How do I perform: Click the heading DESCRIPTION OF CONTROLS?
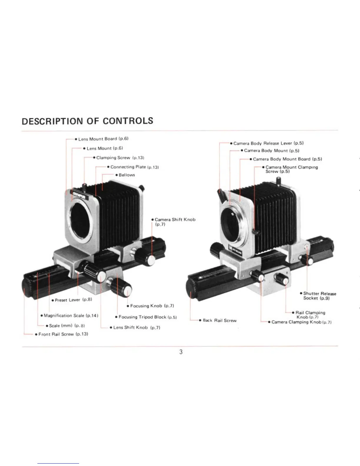pyautogui.click(x=87, y=121)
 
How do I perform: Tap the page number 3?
pyautogui.click(x=181, y=352)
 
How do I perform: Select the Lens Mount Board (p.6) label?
pyautogui.click(x=103, y=139)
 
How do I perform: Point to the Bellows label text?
pyautogui.click(x=127, y=175)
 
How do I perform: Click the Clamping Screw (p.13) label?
pyautogui.click(x=120, y=158)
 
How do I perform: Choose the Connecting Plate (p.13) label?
pyautogui.click(x=134, y=167)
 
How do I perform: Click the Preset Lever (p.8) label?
pyautogui.click(x=73, y=300)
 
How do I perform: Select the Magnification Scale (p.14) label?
pyautogui.click(x=71, y=315)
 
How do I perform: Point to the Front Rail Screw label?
pyautogui.click(x=63, y=334)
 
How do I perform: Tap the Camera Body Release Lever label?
pyautogui.click(x=268, y=143)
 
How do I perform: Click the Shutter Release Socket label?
pyautogui.click(x=319, y=296)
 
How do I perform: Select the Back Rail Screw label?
pyautogui.click(x=219, y=320)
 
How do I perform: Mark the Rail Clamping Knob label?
pyautogui.click(x=310, y=314)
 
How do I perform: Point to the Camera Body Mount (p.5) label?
pyautogui.click(x=271, y=151)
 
